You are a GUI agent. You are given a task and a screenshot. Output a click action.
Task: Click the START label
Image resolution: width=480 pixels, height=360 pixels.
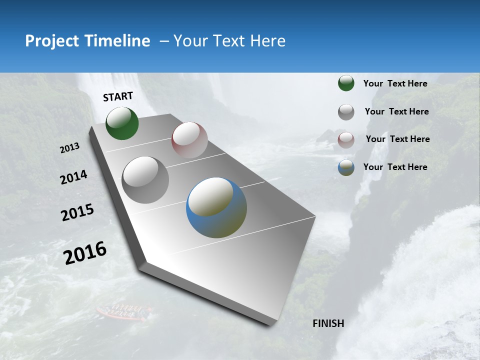coord(118,96)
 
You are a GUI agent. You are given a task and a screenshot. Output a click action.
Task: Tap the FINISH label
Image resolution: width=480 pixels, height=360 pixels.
coord(328,323)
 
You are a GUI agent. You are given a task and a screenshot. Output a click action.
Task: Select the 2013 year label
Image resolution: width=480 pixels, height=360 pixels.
coord(70,148)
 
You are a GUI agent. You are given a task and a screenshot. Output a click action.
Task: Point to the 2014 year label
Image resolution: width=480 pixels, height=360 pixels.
coord(73,177)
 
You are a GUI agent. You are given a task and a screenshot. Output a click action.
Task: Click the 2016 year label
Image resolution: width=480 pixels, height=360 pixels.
coord(85,252)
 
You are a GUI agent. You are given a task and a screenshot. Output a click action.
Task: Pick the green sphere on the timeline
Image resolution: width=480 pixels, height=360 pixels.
coord(122,123)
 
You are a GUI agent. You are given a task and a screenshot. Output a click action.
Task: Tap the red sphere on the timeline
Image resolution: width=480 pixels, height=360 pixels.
coord(189,140)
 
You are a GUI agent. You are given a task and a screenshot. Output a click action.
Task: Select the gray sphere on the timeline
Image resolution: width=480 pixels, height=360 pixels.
coord(145,180)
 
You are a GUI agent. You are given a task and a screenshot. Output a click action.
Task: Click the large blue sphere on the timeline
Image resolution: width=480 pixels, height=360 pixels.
coord(216,207)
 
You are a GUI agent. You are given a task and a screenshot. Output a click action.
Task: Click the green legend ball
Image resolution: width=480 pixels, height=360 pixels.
coord(346,83)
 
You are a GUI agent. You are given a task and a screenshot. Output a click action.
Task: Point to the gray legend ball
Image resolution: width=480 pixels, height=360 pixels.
coord(346,112)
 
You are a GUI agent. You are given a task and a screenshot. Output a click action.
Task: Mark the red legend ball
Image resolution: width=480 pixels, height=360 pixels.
coord(346,140)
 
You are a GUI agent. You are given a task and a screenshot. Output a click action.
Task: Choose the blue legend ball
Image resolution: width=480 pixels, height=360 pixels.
coord(346,167)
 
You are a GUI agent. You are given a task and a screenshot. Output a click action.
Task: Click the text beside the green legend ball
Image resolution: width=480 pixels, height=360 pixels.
coord(395,83)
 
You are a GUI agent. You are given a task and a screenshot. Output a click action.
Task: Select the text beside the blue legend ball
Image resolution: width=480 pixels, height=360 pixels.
coord(395,167)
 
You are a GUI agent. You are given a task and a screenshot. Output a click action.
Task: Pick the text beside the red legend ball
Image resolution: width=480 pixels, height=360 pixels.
coord(397,139)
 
